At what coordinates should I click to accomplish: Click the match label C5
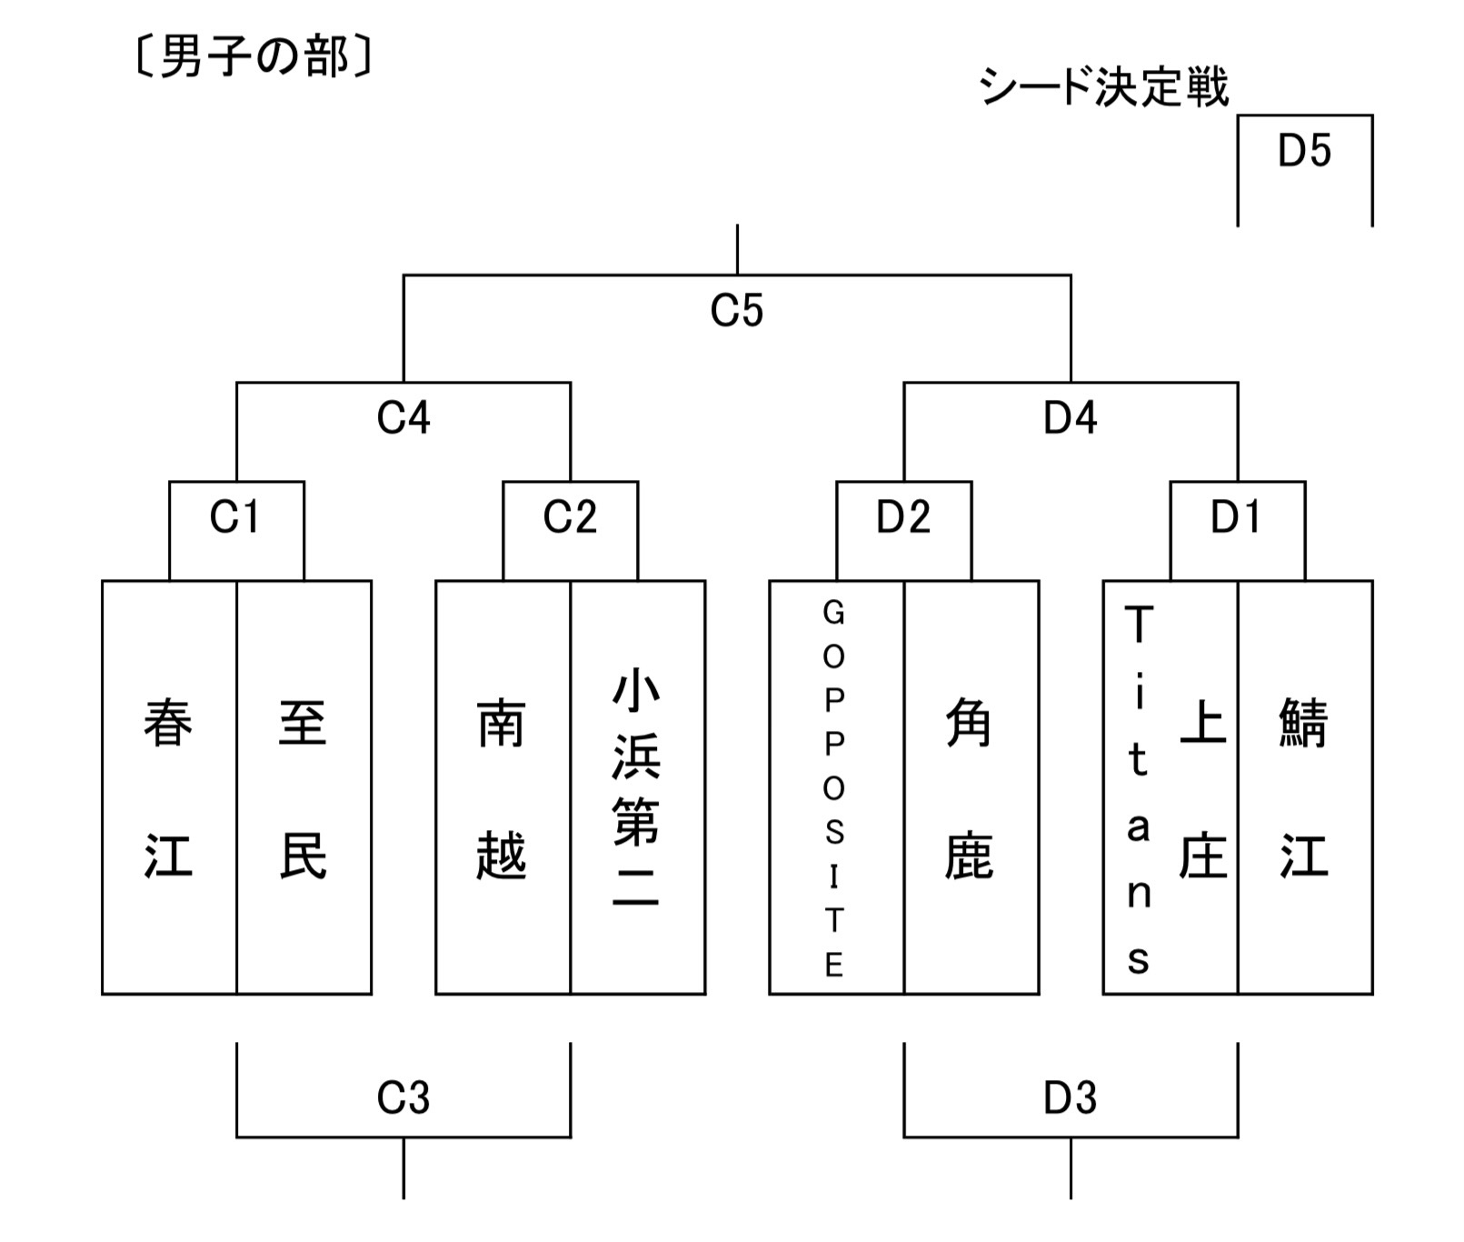[x=736, y=311]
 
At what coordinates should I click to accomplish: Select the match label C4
[x=403, y=418]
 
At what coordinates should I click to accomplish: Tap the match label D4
[x=1070, y=418]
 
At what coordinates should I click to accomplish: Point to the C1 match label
[x=235, y=517]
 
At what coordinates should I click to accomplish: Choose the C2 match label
[x=570, y=517]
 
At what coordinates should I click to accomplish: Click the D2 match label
[x=903, y=517]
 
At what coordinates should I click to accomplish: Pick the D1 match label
[x=1236, y=517]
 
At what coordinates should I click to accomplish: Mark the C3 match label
[x=403, y=1098]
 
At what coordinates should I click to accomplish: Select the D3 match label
[x=1070, y=1098]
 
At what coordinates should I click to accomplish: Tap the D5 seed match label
[x=1304, y=151]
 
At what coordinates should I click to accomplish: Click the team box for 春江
[x=169, y=787]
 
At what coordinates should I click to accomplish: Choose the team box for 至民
[x=304, y=787]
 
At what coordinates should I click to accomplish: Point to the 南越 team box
[x=503, y=787]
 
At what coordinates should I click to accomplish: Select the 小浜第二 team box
[x=637, y=787]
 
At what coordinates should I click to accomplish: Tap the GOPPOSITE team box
[x=835, y=787]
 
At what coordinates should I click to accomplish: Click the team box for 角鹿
[x=971, y=787]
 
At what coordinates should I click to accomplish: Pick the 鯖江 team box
[x=1305, y=787]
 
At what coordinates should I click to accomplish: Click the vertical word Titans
[x=1139, y=787]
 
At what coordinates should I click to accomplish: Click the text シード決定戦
[x=1103, y=88]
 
